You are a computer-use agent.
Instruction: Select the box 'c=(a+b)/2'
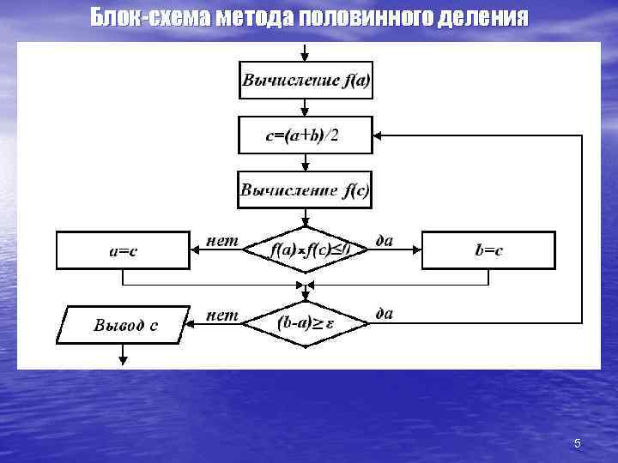305,135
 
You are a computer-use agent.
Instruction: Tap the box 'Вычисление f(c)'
305,190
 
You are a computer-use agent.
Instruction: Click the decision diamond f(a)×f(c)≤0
305,250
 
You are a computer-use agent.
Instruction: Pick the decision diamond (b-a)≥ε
305,324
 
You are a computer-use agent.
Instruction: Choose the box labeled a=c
123,250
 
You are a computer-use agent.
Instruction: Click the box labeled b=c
488,250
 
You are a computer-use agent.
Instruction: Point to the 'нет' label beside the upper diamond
223,241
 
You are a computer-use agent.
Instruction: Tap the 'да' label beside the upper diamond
385,241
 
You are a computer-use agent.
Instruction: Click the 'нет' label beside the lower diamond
223,315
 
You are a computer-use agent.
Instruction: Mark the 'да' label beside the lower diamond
385,314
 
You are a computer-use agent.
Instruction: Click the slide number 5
577,443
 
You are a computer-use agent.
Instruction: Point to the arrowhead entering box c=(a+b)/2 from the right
379,135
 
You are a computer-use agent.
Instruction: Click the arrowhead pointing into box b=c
416,250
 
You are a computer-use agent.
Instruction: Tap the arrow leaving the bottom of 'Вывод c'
123,353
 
